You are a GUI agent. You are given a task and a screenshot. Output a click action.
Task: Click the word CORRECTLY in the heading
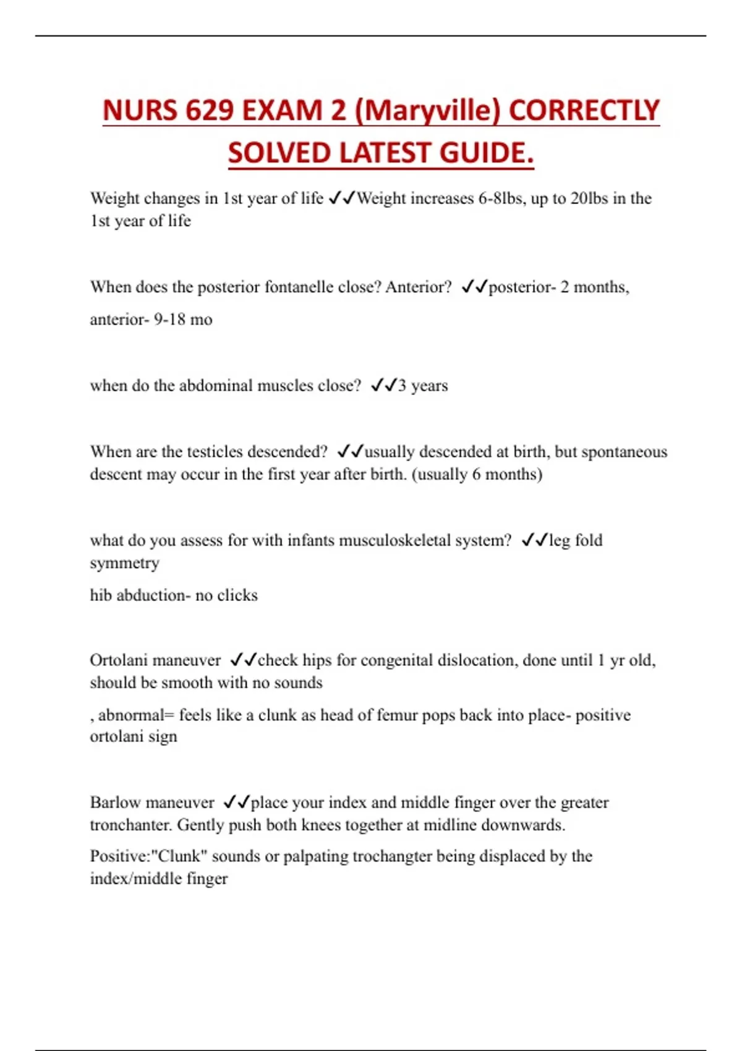point(584,111)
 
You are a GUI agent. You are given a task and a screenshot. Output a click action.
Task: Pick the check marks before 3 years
point(383,385)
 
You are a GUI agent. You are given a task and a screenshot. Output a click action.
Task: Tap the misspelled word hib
point(101,595)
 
